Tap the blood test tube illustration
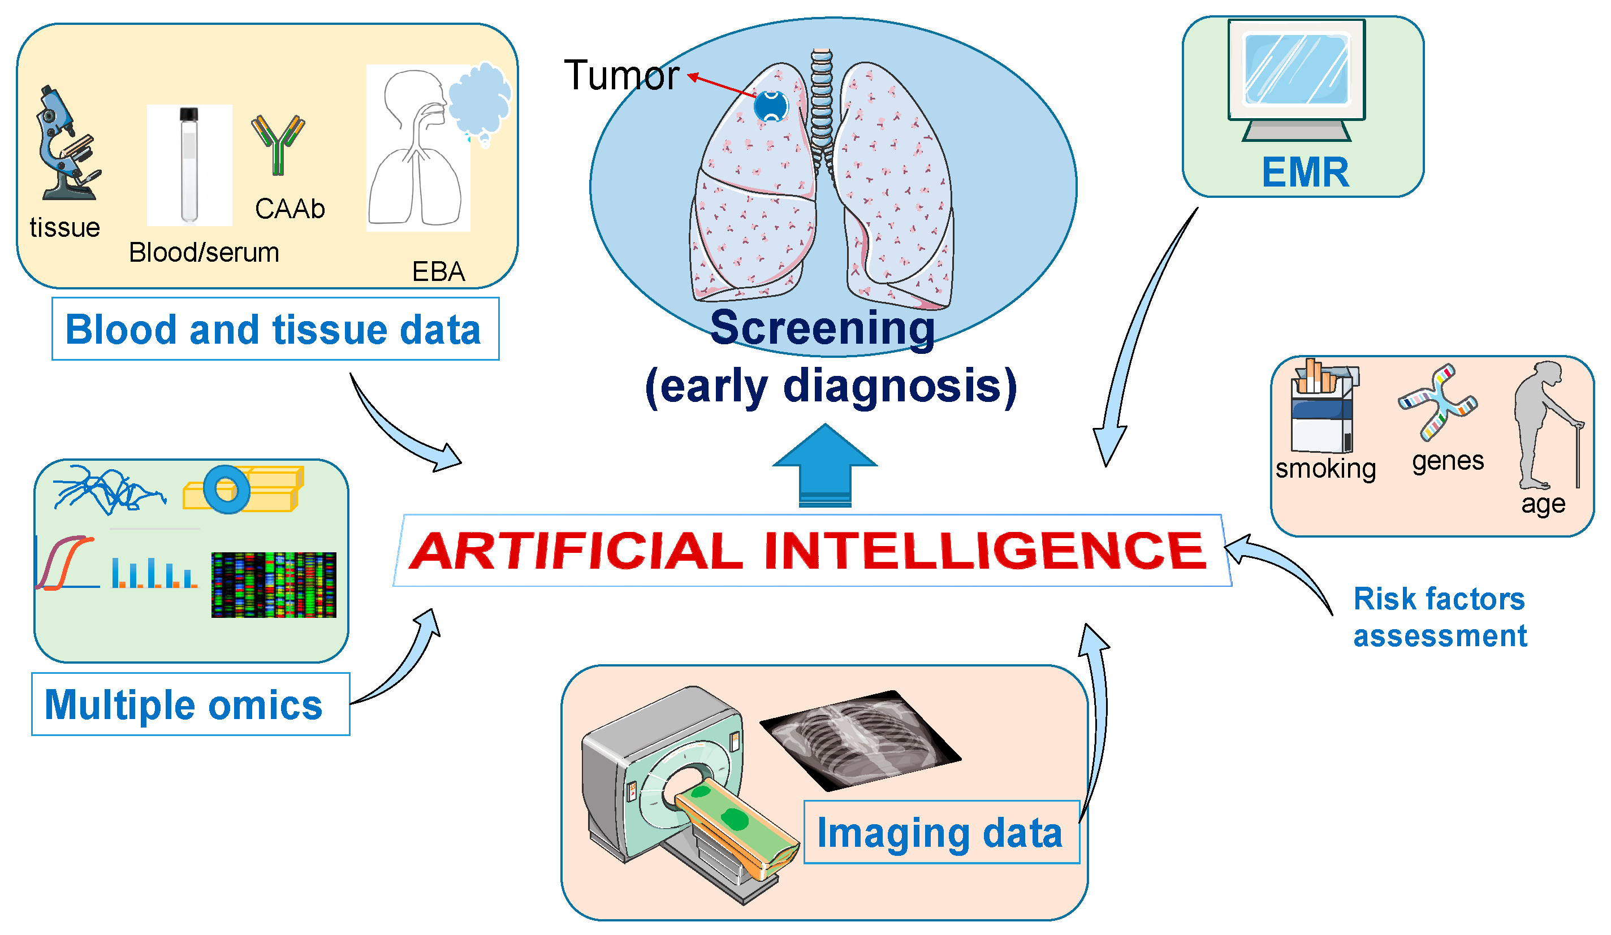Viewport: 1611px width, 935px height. click(x=189, y=165)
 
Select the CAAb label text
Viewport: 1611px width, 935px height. click(x=290, y=209)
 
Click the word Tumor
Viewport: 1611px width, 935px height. click(x=621, y=75)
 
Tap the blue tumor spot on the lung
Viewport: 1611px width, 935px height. click(x=771, y=106)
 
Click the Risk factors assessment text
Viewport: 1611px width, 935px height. click(x=1439, y=617)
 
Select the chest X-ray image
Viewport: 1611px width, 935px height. click(x=860, y=739)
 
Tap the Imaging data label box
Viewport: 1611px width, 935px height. click(x=940, y=833)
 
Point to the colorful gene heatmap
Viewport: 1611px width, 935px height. click(x=274, y=585)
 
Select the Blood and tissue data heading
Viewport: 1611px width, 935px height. click(x=275, y=329)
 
